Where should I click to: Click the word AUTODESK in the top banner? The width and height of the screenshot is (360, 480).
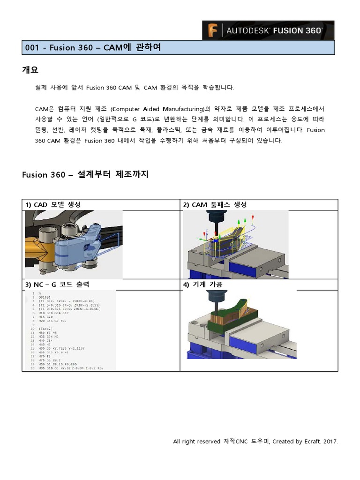point(248,30)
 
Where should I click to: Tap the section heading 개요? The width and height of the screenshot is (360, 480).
point(30,70)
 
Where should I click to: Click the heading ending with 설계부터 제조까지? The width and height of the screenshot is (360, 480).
point(85,174)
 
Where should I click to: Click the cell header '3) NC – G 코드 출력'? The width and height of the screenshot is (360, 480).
point(57,285)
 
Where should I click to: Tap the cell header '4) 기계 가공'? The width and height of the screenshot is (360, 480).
point(202,285)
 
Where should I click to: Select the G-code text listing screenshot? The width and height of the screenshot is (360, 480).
point(70,330)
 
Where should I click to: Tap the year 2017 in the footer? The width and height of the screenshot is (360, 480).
point(330,442)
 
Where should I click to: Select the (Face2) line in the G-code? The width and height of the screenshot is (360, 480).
point(45,329)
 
